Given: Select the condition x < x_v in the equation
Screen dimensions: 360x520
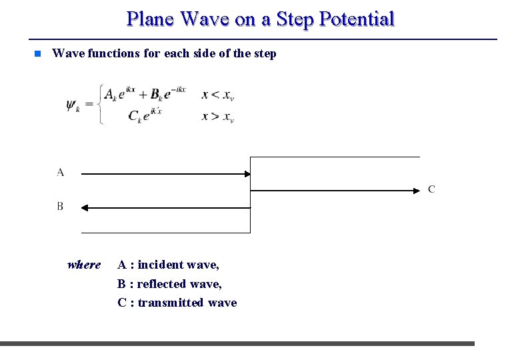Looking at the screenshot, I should [217, 95].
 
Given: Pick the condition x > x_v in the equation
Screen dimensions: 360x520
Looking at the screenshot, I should [217, 117].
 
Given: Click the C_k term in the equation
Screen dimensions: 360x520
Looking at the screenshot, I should [135, 117].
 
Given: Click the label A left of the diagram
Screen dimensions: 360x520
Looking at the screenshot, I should [61, 173].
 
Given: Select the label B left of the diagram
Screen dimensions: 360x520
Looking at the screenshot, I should [60, 207].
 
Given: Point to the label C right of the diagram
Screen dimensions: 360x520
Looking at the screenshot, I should [431, 189].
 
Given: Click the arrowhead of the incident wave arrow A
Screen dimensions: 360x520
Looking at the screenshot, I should [246, 174].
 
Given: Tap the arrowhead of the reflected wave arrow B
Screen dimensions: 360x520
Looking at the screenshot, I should [85, 208].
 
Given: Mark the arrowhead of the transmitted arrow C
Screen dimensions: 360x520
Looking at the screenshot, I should [417, 191].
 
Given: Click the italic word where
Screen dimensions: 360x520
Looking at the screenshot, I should [84, 265].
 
